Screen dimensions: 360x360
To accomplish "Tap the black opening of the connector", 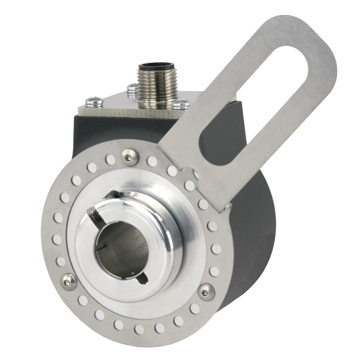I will point(154,67).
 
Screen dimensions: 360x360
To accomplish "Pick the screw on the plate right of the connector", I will point(182,103).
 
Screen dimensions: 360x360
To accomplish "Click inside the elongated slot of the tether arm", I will point(275,85).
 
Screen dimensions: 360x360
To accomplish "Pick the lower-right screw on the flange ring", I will point(207,291).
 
